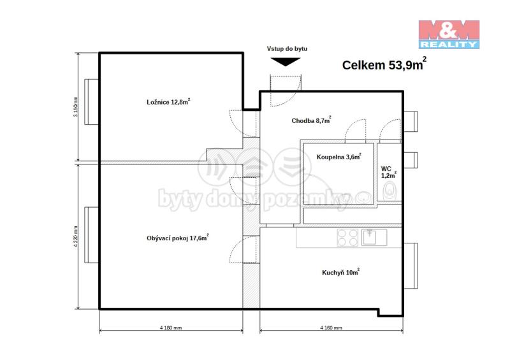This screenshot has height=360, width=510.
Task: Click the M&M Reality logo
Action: click(449, 35)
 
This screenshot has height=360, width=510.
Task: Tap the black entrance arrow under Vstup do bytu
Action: click(286, 62)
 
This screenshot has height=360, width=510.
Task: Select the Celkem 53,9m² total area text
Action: click(384, 64)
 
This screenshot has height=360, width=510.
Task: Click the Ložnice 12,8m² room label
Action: click(168, 102)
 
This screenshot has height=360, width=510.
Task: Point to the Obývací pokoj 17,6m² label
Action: click(178, 238)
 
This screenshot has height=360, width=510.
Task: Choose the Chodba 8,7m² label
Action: click(311, 120)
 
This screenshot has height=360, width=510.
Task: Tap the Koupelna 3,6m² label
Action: click(339, 157)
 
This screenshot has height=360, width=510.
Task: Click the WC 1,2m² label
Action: click(389, 172)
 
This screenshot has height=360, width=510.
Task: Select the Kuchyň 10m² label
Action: click(340, 272)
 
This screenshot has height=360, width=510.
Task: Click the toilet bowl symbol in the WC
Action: click(390, 191)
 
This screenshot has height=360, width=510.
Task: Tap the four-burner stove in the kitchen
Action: click(347, 238)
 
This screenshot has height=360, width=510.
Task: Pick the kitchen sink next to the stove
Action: click(374, 237)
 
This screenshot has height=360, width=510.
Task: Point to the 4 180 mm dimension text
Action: click(171, 328)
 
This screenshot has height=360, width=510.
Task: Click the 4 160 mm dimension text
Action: click(331, 328)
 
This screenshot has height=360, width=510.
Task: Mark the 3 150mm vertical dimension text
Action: click(75, 106)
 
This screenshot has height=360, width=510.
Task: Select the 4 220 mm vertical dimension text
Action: click(76, 237)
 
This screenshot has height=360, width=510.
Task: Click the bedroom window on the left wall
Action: click(91, 102)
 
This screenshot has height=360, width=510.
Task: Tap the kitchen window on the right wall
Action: click(411, 266)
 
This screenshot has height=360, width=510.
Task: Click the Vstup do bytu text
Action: click(287, 49)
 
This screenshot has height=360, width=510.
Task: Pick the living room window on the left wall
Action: click(91, 235)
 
